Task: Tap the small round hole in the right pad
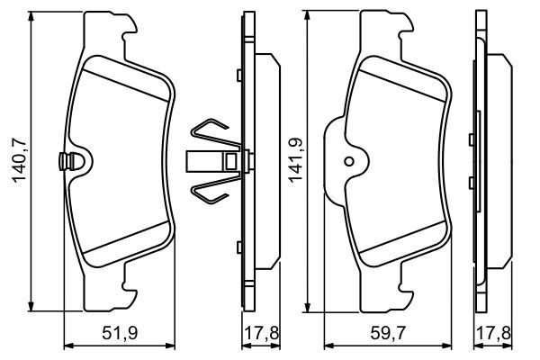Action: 348,162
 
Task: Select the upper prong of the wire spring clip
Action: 211,131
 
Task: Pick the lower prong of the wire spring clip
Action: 211,191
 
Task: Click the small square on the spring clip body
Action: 231,162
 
